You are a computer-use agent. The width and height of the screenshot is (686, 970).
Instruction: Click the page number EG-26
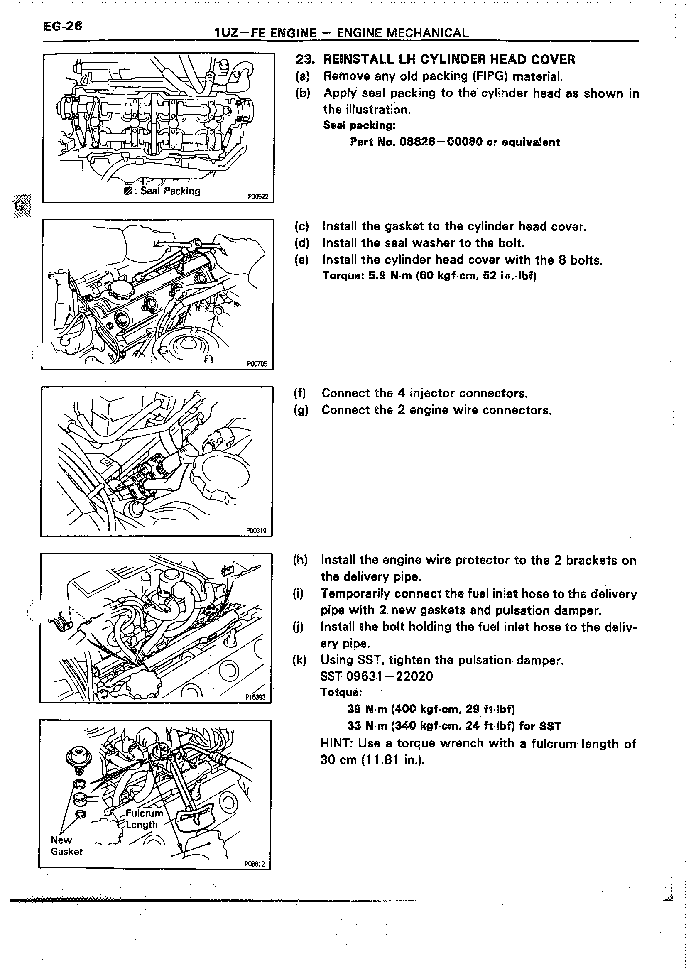(63, 26)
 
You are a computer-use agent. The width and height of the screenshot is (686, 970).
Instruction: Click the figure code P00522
(257, 197)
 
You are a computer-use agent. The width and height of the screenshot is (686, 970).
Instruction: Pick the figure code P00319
(256, 531)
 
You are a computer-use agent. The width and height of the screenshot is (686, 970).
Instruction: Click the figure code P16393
(255, 697)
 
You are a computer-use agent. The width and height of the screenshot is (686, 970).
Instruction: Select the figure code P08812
(255, 864)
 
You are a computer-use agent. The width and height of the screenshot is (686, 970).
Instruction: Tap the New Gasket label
(66, 846)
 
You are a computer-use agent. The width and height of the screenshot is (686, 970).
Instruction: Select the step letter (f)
(300, 394)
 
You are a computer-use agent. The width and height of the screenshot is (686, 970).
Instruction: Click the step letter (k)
(299, 660)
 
